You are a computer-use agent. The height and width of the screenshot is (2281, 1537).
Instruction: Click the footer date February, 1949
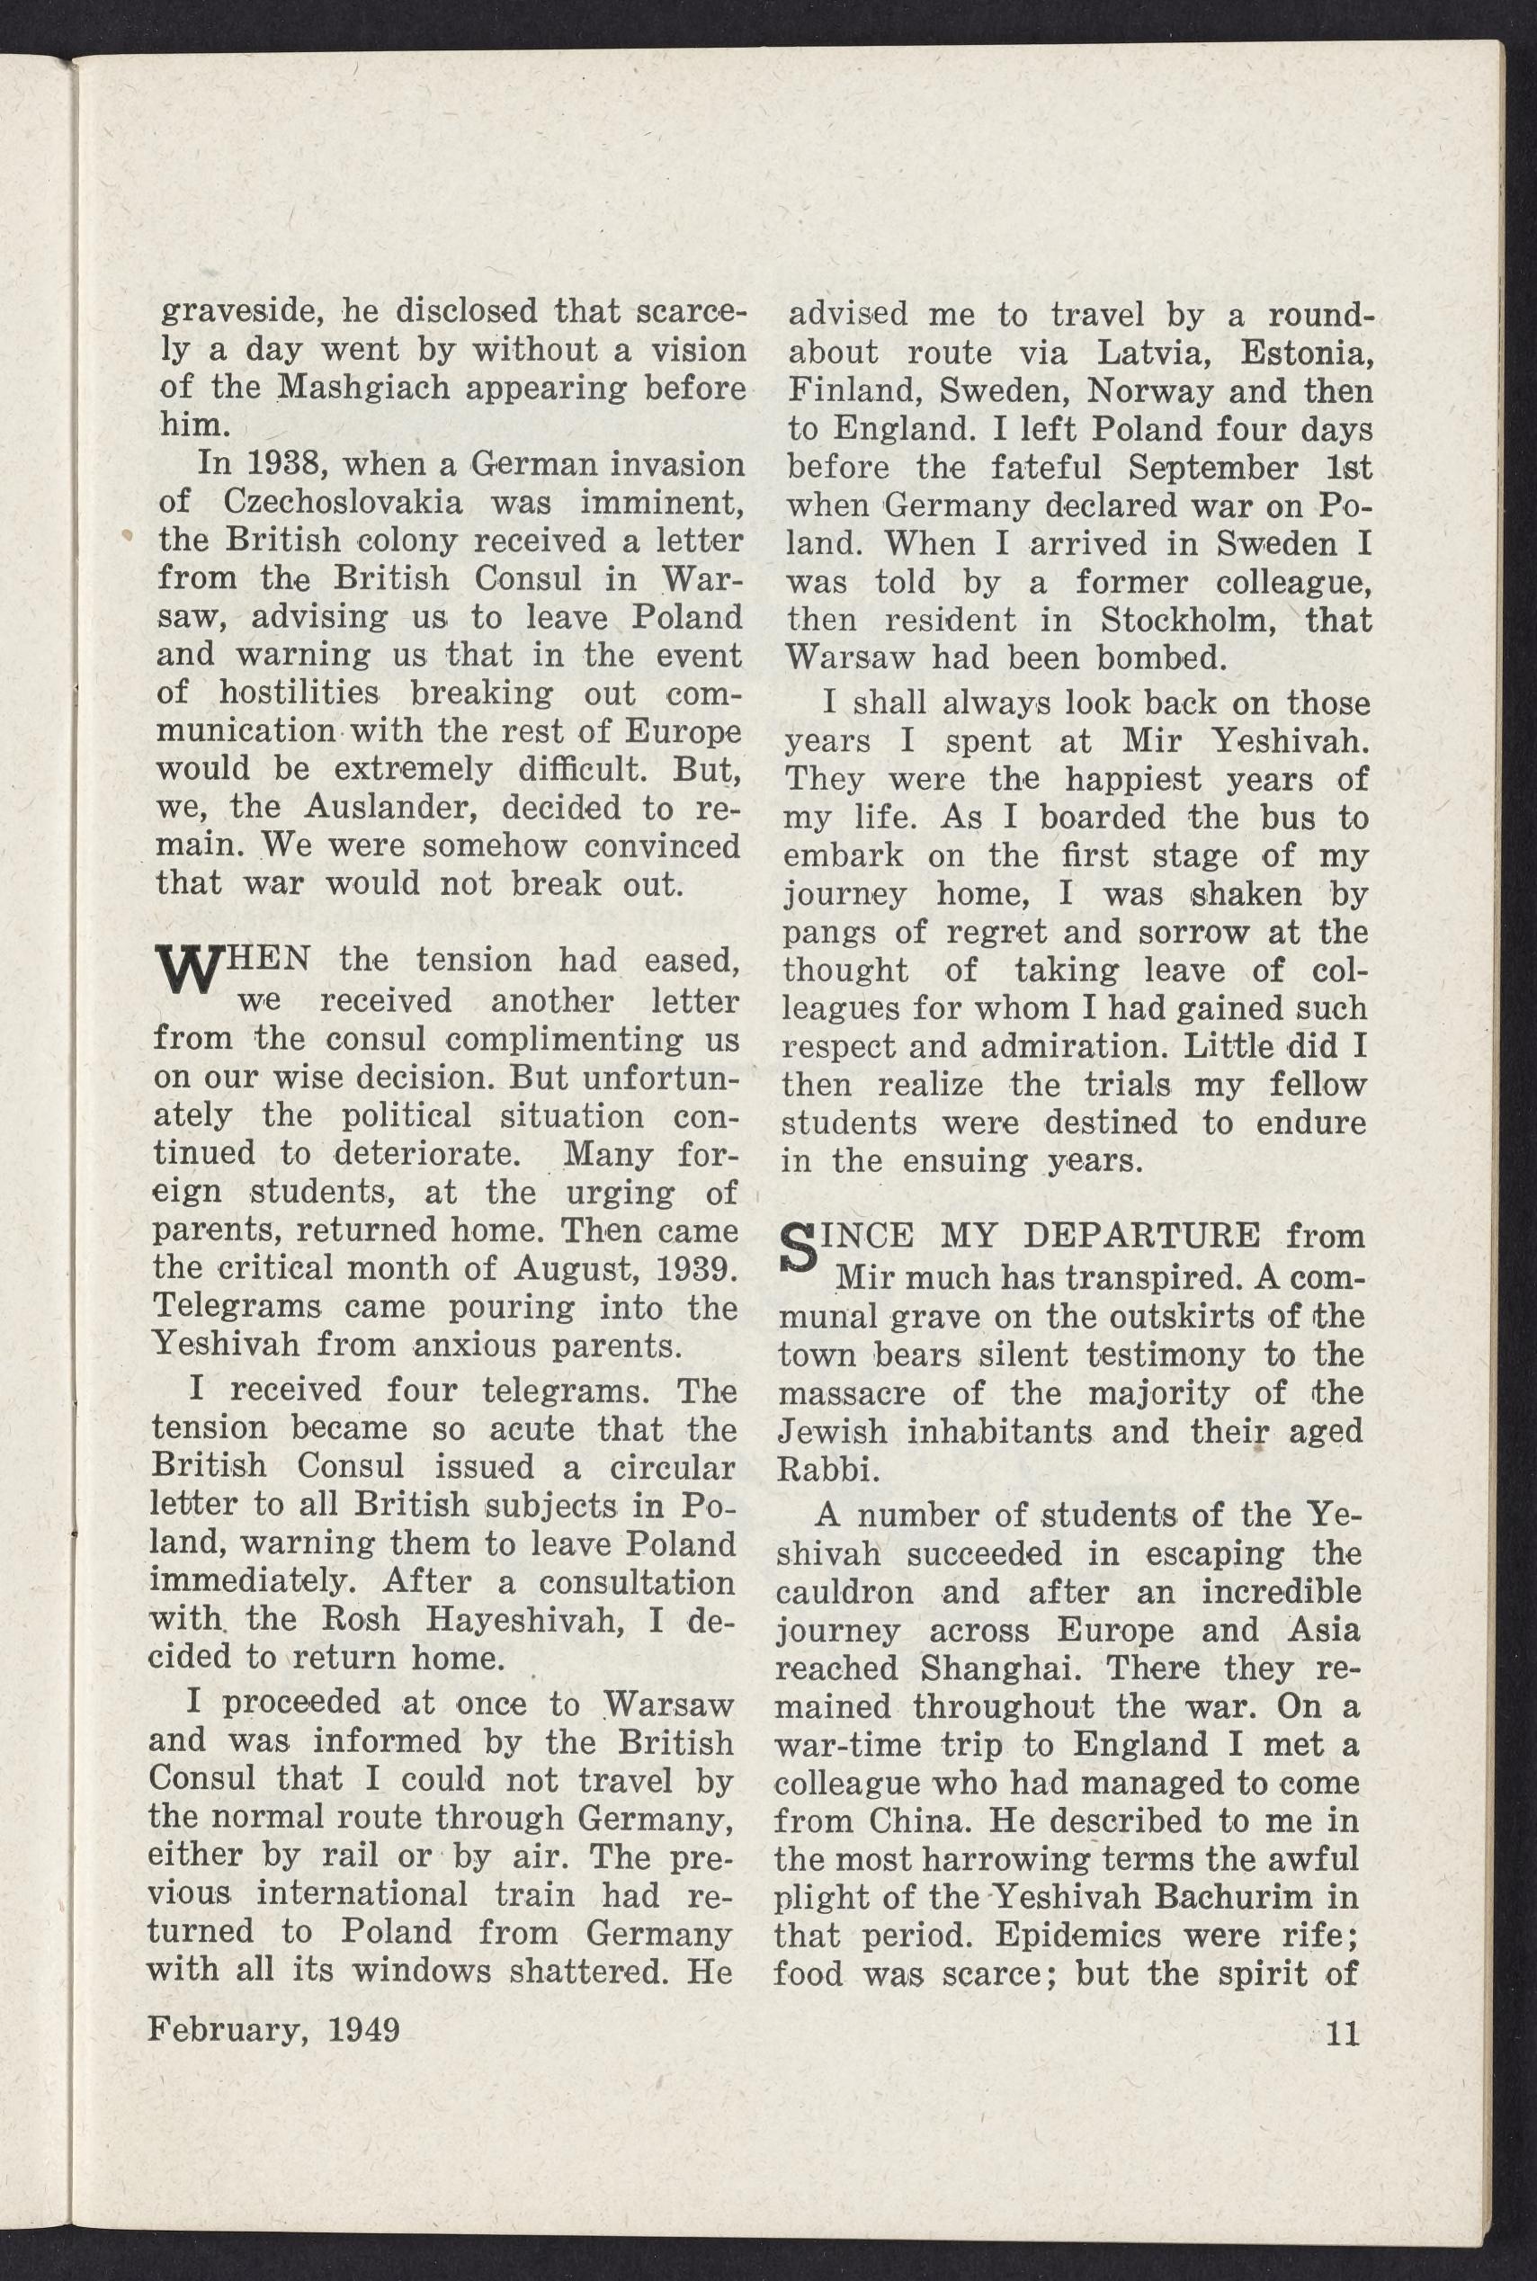click(x=273, y=2028)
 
